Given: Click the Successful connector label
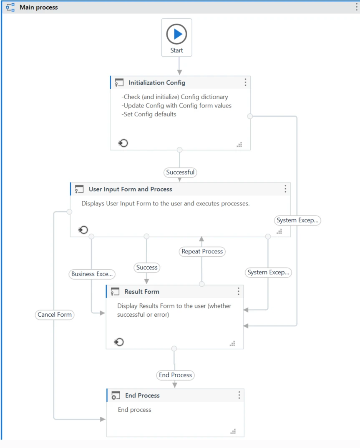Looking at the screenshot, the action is (180, 172).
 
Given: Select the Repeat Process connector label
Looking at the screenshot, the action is (202, 251).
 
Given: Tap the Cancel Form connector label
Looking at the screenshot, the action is (55, 315).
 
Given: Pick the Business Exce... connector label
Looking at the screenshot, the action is (92, 274).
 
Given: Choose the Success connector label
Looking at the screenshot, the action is (147, 268).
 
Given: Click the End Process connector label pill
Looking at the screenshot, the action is (176, 375).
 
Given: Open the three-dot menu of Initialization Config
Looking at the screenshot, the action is (245, 83).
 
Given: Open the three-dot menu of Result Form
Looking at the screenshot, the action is (239, 291).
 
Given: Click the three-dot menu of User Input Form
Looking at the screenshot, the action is (285, 189).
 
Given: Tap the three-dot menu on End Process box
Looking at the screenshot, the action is (239, 395).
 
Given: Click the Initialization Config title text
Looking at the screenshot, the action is (157, 83).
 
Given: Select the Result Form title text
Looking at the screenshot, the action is (142, 291).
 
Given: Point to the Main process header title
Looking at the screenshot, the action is (39, 7).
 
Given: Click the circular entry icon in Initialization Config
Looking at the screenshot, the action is (123, 143).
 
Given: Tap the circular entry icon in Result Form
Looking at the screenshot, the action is (118, 342).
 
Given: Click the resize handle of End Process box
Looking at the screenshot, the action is (233, 431).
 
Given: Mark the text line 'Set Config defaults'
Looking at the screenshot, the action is (149, 114).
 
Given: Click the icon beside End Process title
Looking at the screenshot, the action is (116, 395).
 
